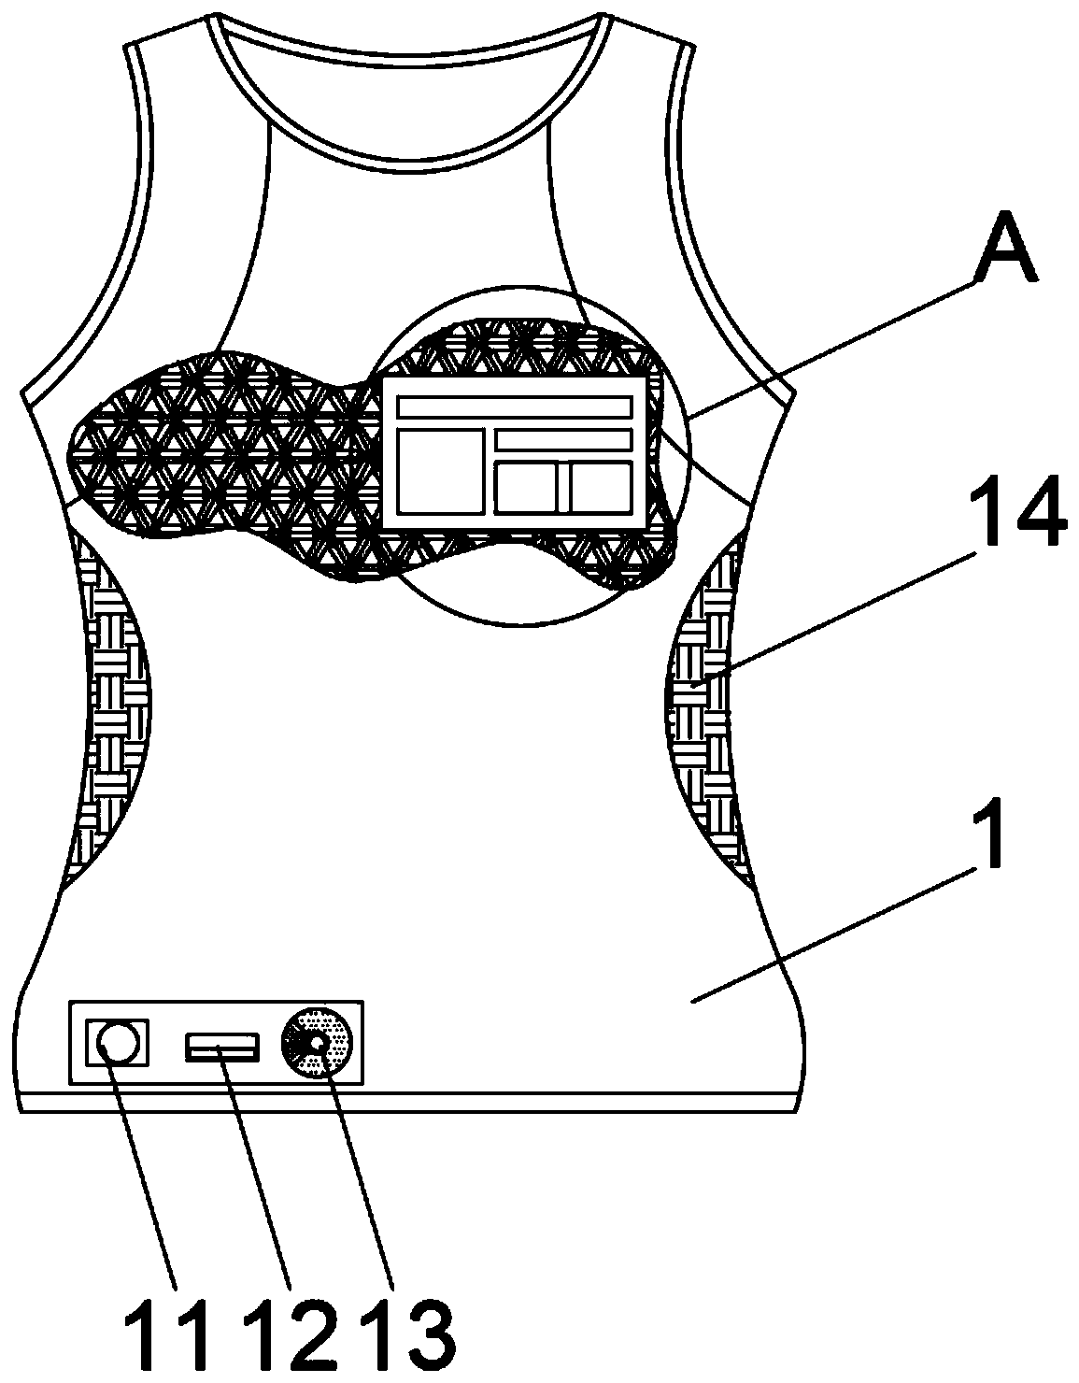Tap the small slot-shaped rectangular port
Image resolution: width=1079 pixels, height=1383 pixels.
point(222,1048)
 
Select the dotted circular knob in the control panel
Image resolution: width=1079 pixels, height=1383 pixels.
point(318,1042)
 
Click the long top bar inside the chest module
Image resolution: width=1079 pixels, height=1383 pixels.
point(514,406)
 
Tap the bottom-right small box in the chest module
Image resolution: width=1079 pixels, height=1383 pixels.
point(601,487)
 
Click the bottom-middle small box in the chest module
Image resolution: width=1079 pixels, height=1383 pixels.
point(526,487)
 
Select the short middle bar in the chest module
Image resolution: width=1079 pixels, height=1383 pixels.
point(562,439)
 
